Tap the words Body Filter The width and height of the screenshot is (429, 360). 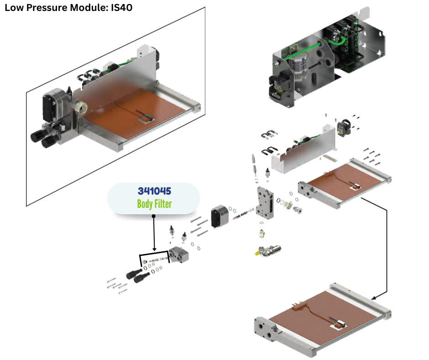[154, 204]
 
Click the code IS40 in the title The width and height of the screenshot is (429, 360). [122, 8]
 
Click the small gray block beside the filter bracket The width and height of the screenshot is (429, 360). [180, 255]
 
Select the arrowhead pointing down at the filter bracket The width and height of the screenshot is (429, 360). [154, 249]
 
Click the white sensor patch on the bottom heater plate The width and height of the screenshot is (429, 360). [339, 325]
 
